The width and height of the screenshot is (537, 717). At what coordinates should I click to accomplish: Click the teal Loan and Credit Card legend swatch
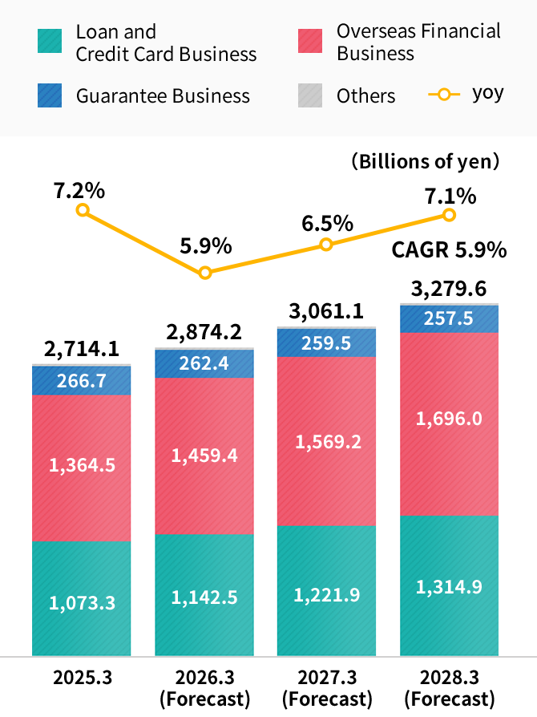click(50, 42)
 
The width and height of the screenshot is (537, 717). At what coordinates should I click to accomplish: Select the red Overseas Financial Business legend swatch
click(310, 42)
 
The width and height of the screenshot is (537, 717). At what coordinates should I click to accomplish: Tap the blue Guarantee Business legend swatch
click(50, 96)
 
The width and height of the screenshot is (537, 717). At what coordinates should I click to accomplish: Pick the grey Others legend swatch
click(310, 96)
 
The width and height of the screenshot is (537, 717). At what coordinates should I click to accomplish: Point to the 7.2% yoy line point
click(82, 211)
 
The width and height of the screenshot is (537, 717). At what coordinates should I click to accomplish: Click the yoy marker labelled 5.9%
click(205, 273)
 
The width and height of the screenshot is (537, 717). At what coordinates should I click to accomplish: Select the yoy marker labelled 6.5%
click(326, 245)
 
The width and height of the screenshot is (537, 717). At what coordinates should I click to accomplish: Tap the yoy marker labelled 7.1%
click(449, 215)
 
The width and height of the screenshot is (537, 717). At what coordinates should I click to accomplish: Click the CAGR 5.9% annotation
click(449, 250)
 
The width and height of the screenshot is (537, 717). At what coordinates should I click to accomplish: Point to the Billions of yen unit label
click(426, 161)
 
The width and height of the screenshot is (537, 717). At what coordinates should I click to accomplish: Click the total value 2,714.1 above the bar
click(82, 349)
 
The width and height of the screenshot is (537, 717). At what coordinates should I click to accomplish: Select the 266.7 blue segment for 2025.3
click(82, 381)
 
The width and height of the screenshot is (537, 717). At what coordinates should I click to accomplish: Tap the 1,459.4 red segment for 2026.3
click(204, 456)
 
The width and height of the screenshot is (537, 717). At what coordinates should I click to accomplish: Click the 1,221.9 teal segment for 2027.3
click(327, 594)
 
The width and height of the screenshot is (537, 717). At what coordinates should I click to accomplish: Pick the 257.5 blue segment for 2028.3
click(449, 318)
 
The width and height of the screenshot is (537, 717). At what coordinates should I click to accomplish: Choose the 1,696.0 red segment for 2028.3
click(449, 419)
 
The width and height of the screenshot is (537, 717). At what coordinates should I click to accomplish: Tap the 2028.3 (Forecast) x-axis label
click(449, 687)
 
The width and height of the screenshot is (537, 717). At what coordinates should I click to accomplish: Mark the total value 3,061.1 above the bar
click(327, 310)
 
